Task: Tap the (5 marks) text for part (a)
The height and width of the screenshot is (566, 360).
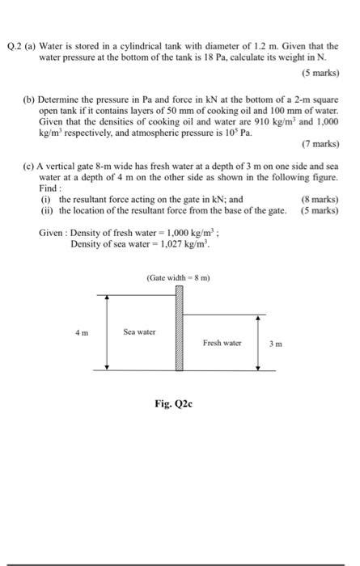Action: tap(320, 74)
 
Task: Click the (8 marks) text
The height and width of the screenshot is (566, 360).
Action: tap(320, 199)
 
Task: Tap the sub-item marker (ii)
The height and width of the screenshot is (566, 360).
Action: tap(47, 210)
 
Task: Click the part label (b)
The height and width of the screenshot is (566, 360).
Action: tap(28, 96)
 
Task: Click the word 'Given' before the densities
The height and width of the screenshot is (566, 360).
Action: tap(53, 232)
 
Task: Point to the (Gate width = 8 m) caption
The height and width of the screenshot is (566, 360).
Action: tap(179, 278)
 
